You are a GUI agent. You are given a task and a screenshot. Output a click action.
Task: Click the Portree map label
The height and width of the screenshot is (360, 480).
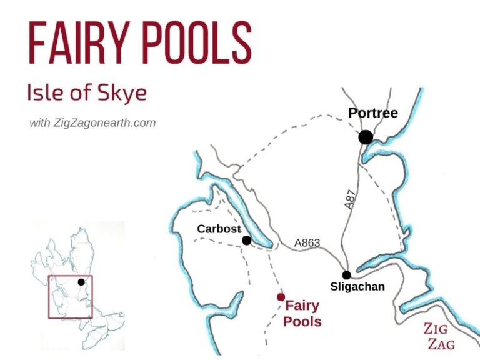click(373, 113)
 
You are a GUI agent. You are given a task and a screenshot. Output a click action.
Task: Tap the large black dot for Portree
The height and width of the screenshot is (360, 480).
click(366, 137)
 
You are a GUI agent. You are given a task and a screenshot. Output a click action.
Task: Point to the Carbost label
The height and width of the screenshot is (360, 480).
click(219, 229)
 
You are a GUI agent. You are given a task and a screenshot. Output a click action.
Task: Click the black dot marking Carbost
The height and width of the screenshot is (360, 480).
click(247, 240)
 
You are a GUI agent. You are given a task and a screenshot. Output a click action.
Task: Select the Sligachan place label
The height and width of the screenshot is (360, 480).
click(357, 287)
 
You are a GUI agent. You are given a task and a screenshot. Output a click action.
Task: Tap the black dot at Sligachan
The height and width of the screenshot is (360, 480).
click(346, 275)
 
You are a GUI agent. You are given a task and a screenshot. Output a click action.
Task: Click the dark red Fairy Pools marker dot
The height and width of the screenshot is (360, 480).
click(281, 297)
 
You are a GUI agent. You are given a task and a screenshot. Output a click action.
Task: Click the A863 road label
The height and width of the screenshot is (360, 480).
click(307, 243)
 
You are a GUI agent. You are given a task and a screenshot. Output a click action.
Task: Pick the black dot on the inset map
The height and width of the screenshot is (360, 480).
click(81, 282)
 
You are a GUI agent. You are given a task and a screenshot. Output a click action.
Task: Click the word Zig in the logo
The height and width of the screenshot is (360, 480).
click(436, 329)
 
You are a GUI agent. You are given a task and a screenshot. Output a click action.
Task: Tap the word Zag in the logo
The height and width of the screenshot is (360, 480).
click(441, 344)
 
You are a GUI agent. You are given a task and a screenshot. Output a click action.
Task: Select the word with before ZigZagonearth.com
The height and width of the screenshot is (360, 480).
click(39, 123)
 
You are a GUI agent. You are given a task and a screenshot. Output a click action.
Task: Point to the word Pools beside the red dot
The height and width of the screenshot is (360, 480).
click(302, 322)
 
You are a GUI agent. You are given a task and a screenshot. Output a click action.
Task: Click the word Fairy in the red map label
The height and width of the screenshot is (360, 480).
click(302, 306)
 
